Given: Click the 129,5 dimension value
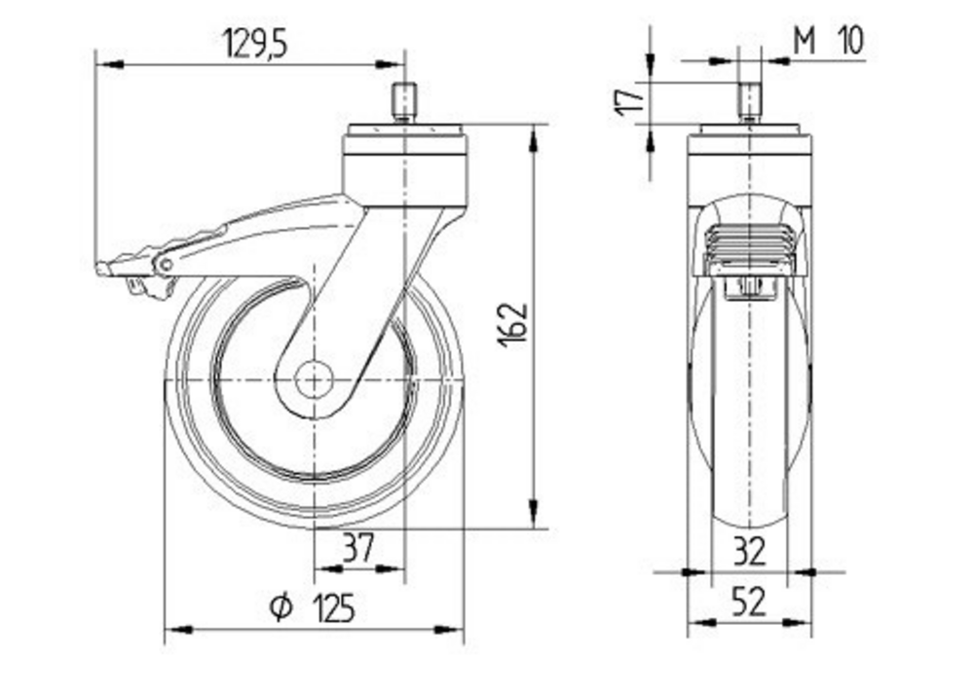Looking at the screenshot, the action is [255, 44].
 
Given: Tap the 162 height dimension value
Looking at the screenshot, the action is [513, 325].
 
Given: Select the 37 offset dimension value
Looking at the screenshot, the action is [358, 547].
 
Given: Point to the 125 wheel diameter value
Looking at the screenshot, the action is [333, 607].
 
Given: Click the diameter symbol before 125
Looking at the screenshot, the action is [281, 607].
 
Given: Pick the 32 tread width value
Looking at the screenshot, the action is [749, 551].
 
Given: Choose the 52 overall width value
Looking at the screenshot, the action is [749, 601].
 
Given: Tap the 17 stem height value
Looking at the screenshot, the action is [630, 100].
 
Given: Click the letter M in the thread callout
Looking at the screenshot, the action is [805, 42].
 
